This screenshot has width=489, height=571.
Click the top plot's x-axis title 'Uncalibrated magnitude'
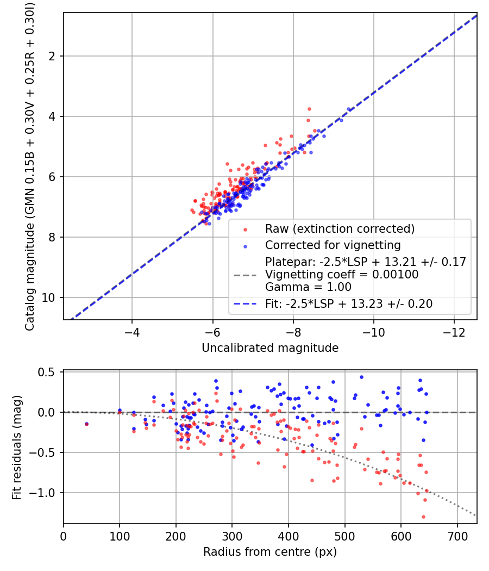click(270, 348)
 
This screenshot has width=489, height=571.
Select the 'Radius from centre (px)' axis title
click(270, 552)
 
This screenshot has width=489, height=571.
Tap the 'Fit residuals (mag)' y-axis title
click(17, 447)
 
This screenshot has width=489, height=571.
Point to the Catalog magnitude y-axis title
click(30, 166)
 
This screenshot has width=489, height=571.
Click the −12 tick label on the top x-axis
click(454, 332)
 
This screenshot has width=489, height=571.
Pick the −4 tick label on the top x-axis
click(131, 332)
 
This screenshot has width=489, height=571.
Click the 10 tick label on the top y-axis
click(48, 298)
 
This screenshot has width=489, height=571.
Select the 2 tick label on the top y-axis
click(52, 56)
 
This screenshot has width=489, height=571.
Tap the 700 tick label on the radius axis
click(457, 536)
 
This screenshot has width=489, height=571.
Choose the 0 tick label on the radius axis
click(64, 536)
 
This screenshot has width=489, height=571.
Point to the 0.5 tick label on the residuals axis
click(46, 372)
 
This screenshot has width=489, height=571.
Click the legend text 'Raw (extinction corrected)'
click(340, 229)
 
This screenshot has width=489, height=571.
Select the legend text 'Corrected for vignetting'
click(333, 245)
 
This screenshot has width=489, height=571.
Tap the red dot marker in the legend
click(245, 230)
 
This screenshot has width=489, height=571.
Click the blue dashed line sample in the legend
click(245, 303)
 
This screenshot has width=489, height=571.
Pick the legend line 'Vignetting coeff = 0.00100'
click(342, 274)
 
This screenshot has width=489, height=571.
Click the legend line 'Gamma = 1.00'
click(308, 287)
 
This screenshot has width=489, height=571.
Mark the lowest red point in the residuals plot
click(423, 517)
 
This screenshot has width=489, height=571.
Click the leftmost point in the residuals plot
click(86, 424)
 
